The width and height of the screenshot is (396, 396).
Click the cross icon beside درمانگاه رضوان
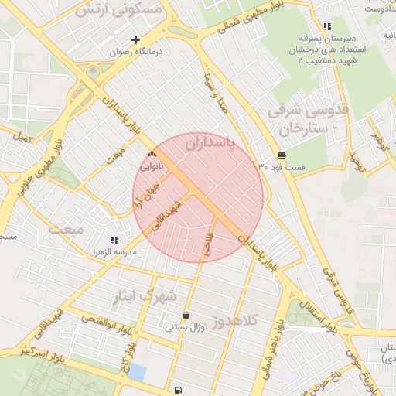point(136,39)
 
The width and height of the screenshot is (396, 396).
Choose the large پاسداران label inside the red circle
point(210,144)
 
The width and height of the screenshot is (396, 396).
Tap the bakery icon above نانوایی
point(151,155)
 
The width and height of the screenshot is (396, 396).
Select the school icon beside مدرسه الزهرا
point(114,241)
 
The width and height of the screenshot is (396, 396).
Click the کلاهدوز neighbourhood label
point(242,321)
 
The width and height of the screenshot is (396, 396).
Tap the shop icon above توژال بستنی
point(186,316)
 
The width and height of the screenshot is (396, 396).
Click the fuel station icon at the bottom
point(179,390)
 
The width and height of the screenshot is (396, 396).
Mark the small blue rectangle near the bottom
point(137,372)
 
